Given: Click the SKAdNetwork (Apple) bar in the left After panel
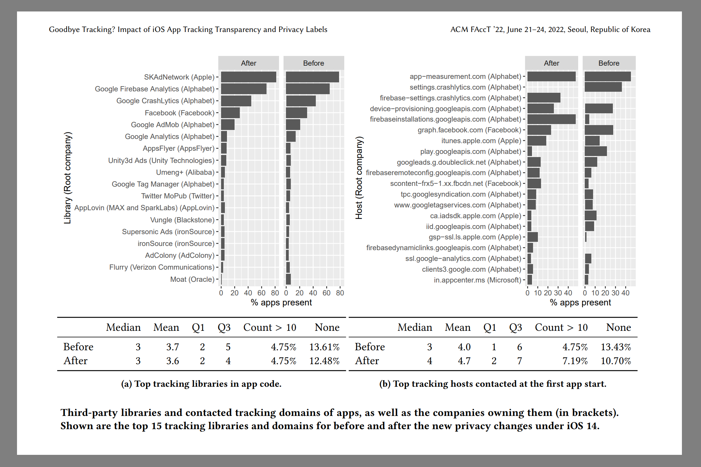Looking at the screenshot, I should tap(248, 77).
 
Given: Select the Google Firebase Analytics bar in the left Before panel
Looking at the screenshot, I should tap(307, 89).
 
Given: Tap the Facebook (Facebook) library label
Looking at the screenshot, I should tap(179, 113).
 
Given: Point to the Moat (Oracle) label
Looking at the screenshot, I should tap(192, 279).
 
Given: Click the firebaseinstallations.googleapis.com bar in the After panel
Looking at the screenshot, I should tap(551, 119).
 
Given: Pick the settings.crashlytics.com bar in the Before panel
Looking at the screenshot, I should tap(603, 87).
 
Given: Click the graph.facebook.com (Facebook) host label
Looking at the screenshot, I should tap(470, 130).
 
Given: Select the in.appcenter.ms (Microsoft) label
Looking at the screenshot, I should tap(478, 280).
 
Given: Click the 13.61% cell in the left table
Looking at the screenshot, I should tap(324, 347).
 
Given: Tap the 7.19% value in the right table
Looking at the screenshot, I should tap(575, 361).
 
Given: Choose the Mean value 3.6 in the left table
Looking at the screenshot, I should tap(172, 361).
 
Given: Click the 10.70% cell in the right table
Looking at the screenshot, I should tap(616, 361).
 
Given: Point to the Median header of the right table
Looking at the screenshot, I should tap(415, 327).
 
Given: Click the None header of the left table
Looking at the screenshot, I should tap(327, 327).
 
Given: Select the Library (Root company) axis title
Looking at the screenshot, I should tap(67, 178).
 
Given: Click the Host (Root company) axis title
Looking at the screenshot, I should tap(359, 178).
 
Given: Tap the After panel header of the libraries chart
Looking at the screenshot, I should tap(248, 63).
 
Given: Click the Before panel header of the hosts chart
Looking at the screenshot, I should tap(609, 63).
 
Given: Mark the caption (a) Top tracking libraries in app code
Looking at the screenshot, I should tap(201, 384).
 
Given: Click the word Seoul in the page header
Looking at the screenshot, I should tap(577, 30).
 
